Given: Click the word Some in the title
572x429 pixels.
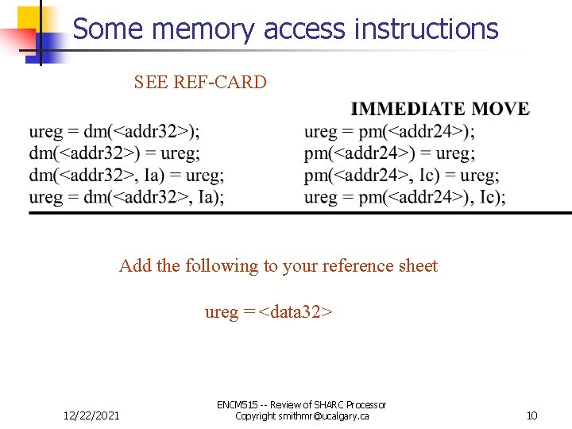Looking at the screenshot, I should pyautogui.click(x=107, y=29).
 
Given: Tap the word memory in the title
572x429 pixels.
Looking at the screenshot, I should pyautogui.click(x=202, y=29).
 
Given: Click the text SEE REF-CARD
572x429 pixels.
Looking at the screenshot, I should pyautogui.click(x=200, y=82).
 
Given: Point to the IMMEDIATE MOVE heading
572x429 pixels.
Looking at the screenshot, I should pyautogui.click(x=440, y=110).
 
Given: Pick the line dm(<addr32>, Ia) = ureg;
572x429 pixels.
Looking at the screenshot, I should pyautogui.click(x=126, y=175).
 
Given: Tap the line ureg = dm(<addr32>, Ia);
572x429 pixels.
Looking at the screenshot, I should pyautogui.click(x=126, y=196).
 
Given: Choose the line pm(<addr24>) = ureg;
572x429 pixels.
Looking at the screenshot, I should pyautogui.click(x=389, y=153).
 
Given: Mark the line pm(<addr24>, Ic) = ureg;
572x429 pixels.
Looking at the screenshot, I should pyautogui.click(x=401, y=175).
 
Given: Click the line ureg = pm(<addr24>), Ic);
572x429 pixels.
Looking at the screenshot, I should pyautogui.click(x=404, y=196).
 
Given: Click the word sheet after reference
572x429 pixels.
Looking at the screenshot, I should pyautogui.click(x=418, y=266).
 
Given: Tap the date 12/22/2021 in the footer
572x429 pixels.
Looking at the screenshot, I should pyautogui.click(x=91, y=415).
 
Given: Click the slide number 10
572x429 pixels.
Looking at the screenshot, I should pyautogui.click(x=532, y=415).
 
